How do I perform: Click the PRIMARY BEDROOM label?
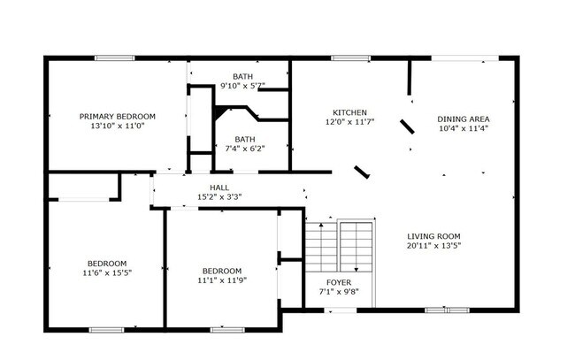pyautogui.click(x=117, y=117)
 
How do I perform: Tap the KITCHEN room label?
pyautogui.click(x=349, y=112)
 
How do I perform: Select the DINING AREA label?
pyautogui.click(x=464, y=119)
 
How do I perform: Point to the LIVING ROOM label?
pyautogui.click(x=433, y=236)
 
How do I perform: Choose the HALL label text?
pyautogui.click(x=219, y=188)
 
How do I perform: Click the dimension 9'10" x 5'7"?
pyautogui.click(x=242, y=86)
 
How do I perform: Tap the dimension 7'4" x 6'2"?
pyautogui.click(x=244, y=149)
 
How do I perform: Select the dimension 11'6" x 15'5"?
pyautogui.click(x=106, y=273)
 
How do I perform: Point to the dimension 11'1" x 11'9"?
pyautogui.click(x=221, y=280)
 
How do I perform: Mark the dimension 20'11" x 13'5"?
pyautogui.click(x=433, y=246)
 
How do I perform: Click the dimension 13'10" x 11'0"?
pyautogui.click(x=117, y=126)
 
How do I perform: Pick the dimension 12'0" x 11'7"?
pyautogui.click(x=349, y=122)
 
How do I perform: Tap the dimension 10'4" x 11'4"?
pyautogui.click(x=464, y=128)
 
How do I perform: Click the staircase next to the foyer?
pyautogui.click(x=341, y=248)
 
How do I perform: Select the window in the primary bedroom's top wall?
pyautogui.click(x=114, y=58)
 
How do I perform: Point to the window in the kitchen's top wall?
pyautogui.click(x=344, y=58)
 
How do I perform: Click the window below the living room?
pyautogui.click(x=447, y=310)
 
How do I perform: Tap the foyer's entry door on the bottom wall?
pyautogui.click(x=337, y=310)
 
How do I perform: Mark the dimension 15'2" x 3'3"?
pyautogui.click(x=219, y=197)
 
